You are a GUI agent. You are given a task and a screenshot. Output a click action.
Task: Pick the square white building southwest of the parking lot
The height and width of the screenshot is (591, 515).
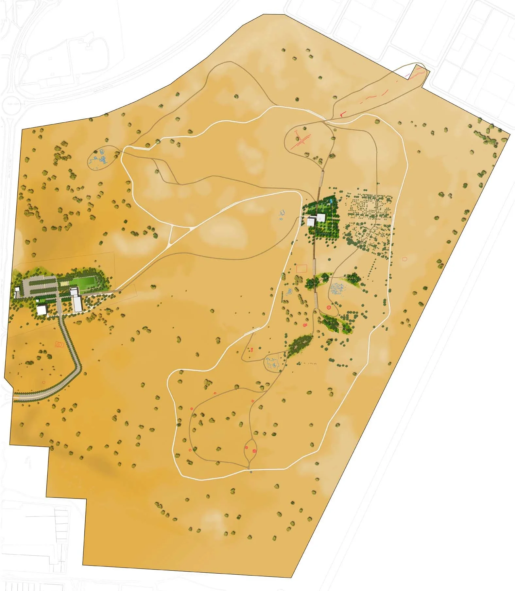42,310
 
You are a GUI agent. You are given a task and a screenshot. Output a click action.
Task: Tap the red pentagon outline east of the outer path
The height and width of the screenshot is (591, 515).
405,259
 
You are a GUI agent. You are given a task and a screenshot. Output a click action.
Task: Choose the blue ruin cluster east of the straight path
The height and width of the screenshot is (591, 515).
339,289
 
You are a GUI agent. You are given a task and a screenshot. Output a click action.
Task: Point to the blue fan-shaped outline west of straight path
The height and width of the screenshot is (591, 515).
290,291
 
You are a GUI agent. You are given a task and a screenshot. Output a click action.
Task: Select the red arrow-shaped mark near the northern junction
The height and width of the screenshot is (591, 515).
342,114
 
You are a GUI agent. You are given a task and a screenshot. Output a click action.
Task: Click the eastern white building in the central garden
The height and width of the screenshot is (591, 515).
321,218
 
